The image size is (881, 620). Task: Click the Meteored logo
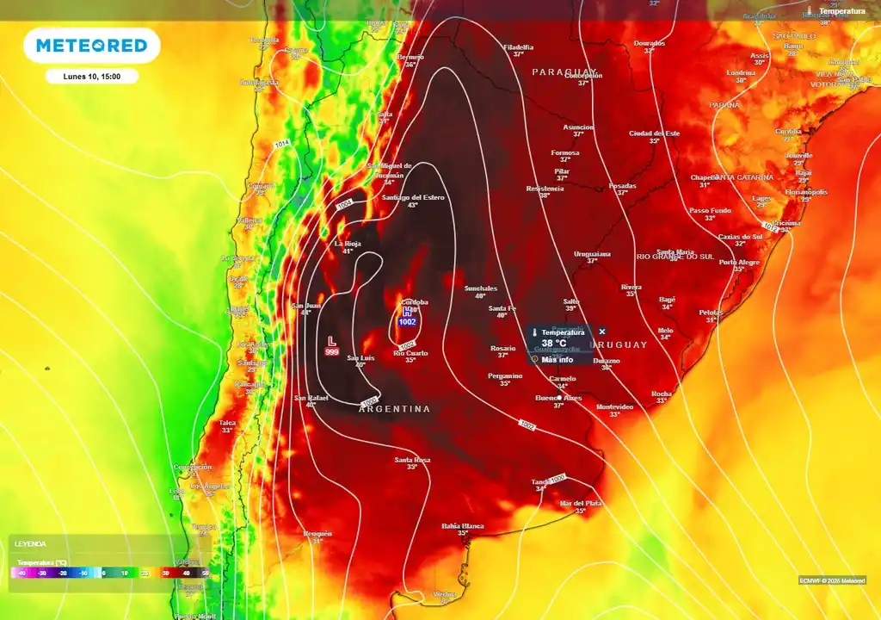(x=92, y=46)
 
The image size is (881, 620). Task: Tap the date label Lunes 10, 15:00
(x=92, y=77)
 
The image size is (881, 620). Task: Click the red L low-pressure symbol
(x=331, y=340)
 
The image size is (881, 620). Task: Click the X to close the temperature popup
(x=602, y=332)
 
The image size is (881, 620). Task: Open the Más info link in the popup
(x=557, y=359)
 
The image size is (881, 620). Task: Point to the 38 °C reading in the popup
(x=554, y=343)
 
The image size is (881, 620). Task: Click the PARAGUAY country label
(x=564, y=71)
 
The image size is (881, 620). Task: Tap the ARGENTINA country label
(x=395, y=409)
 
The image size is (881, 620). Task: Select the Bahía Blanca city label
(x=463, y=525)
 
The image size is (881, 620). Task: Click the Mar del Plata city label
(x=580, y=503)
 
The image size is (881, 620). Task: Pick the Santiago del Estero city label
(x=413, y=198)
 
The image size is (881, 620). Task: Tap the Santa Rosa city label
(x=412, y=460)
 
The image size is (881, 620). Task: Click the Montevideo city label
(x=614, y=406)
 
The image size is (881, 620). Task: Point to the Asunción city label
(x=578, y=127)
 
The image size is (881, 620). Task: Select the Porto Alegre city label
(x=739, y=262)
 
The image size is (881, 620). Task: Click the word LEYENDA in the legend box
(x=30, y=544)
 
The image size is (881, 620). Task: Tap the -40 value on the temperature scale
(x=22, y=572)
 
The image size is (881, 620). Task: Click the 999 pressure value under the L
(x=331, y=352)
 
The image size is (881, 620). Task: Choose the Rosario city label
(x=503, y=348)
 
